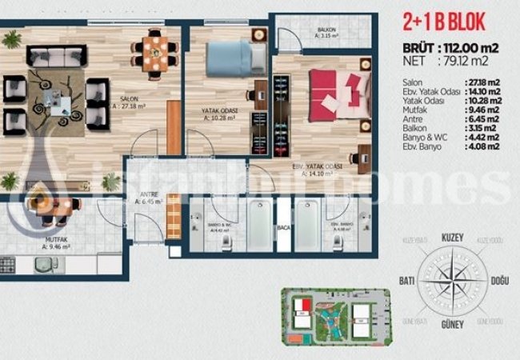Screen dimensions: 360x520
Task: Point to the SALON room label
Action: pyautogui.click(x=130, y=99)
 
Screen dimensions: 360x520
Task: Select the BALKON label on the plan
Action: pyautogui.click(x=326, y=30)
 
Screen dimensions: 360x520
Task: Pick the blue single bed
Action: pyautogui.click(x=236, y=59)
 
